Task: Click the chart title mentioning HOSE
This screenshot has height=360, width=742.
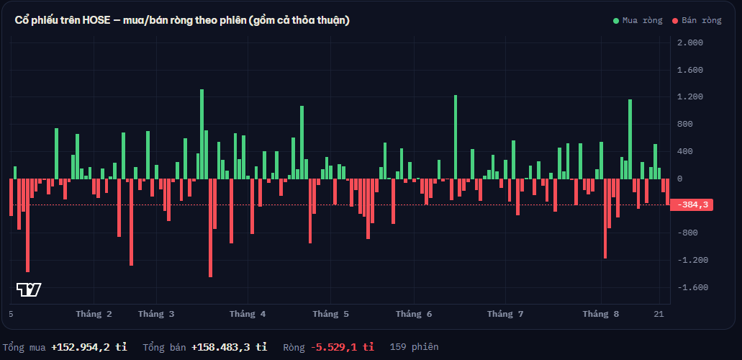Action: click(182, 20)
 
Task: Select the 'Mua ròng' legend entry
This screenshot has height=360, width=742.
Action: click(638, 20)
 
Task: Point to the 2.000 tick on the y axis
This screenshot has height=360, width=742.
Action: click(690, 42)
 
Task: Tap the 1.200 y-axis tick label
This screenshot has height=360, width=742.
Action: click(690, 97)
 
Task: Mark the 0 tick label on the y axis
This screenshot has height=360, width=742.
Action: click(680, 179)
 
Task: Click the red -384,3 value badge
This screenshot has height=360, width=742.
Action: click(692, 205)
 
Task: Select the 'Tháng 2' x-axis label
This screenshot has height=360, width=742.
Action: click(94, 314)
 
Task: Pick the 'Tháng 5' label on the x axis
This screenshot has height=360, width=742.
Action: click(331, 314)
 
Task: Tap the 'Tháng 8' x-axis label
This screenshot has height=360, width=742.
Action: click(601, 314)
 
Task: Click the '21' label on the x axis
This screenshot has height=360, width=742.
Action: click(659, 314)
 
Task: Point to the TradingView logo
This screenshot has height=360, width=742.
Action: click(29, 289)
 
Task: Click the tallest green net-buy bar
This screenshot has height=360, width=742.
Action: click(202, 134)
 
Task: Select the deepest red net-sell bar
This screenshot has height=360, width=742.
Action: click(210, 228)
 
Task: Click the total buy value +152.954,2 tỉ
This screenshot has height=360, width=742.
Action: click(89, 347)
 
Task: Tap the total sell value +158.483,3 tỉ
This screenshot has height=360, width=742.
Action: click(230, 347)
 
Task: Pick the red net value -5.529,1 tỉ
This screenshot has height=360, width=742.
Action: click(342, 347)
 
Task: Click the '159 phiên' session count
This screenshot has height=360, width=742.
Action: click(414, 347)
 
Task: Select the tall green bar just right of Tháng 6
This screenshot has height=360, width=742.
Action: click(456, 137)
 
